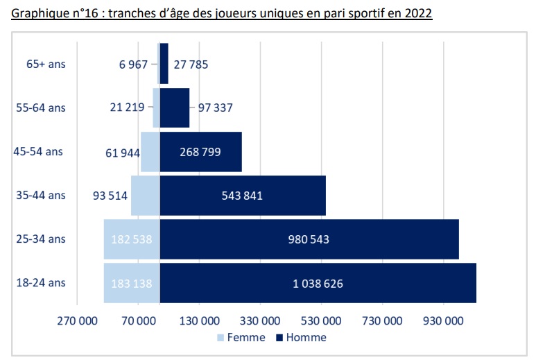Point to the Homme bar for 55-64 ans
(175, 108)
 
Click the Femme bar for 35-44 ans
(145, 196)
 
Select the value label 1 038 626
(317, 283)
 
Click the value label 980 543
(309, 239)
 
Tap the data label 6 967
(133, 65)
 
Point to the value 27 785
(191, 65)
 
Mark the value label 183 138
(131, 283)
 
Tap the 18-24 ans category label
(41, 282)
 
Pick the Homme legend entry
(301, 337)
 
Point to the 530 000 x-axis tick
(322, 320)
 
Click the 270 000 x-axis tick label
(77, 320)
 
